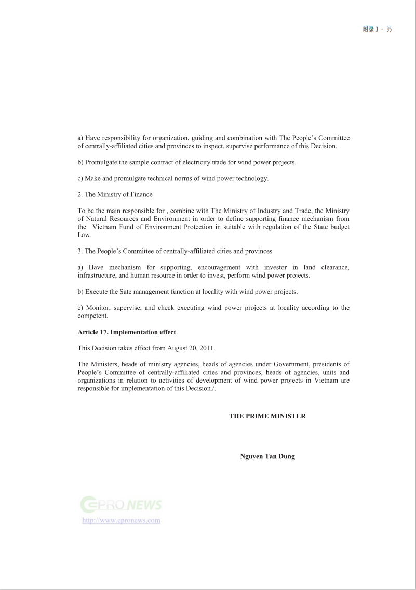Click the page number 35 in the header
(x=388, y=29)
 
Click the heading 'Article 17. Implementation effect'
(x=127, y=332)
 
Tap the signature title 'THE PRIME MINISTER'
(x=267, y=416)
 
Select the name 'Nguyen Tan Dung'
(x=267, y=457)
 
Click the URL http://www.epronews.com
(x=121, y=520)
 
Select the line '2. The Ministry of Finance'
(x=115, y=194)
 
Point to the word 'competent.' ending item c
(x=93, y=316)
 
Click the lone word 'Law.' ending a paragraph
(x=84, y=234)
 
